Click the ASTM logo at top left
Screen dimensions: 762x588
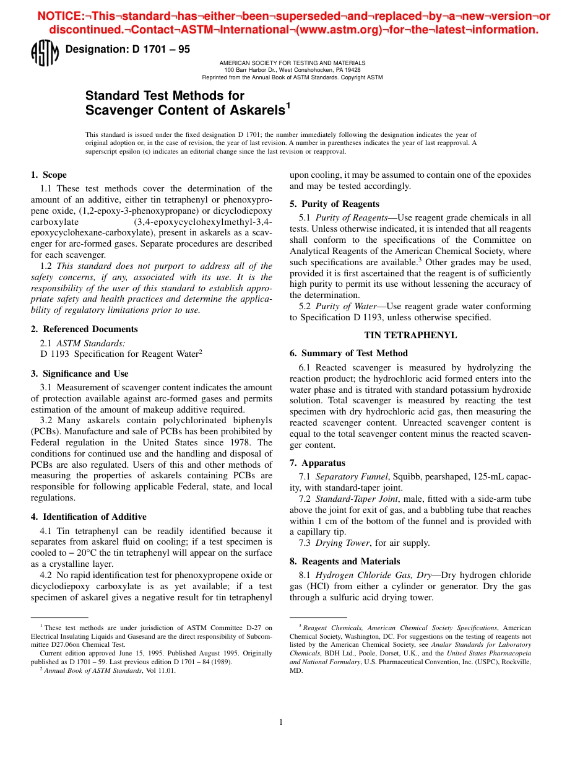coord(44,53)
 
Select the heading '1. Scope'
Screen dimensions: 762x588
coord(49,175)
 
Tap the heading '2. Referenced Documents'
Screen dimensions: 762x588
coord(84,329)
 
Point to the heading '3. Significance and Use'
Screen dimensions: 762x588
coord(80,374)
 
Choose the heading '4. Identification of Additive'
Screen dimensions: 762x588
coord(89,517)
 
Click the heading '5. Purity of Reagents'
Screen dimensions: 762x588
coord(334,204)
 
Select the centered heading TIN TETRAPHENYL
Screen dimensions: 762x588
coord(410,335)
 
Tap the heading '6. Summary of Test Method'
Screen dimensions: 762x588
coord(348,353)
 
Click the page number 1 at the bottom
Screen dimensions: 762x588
coord(281,722)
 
